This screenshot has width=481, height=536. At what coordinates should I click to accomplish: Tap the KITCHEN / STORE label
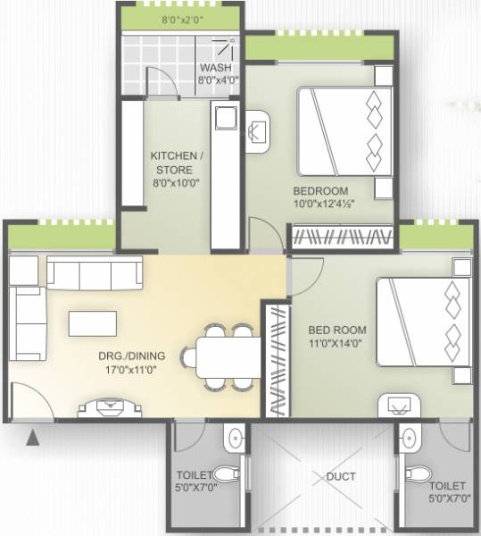point(177,162)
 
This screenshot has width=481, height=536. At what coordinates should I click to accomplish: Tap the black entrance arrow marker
point(35,437)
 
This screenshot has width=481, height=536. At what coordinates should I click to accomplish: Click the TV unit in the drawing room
point(109,408)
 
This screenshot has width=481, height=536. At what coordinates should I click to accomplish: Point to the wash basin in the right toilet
point(410,438)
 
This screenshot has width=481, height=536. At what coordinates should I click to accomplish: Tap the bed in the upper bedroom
point(344,130)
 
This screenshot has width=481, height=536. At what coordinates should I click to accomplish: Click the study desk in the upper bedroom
point(260,130)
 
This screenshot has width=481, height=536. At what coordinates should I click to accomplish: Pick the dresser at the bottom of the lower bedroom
point(401,406)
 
